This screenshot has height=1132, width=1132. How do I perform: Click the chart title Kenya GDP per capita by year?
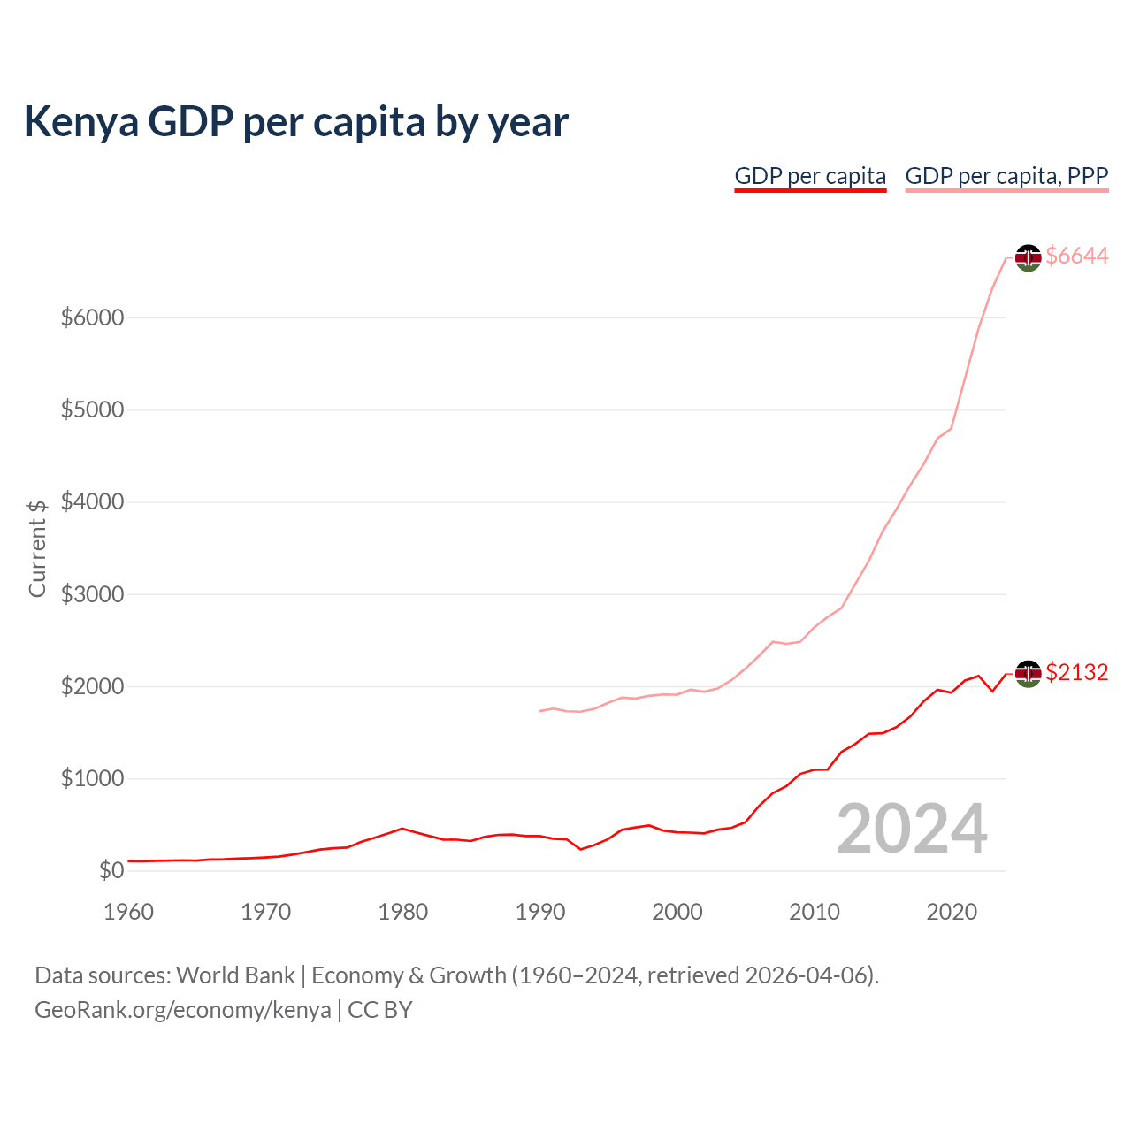pos(295,122)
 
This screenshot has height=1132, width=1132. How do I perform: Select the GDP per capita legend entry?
pos(810,176)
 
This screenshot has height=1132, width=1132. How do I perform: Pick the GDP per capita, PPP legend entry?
pos(1006,176)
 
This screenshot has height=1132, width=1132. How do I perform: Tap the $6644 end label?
pos(1076,256)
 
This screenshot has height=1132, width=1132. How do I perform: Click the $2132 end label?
pos(1076,673)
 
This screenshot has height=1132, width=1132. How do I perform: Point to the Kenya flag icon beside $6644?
pos(1028,257)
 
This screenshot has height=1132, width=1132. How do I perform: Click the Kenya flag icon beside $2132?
pos(1028,674)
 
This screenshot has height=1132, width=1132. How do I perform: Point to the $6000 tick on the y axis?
pos(92,317)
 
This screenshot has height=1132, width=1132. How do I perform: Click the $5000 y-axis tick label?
pos(92,410)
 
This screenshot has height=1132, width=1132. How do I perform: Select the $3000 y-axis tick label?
pos(92,594)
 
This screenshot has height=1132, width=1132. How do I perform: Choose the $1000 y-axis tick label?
pos(92,779)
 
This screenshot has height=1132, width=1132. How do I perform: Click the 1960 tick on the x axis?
pos(129,912)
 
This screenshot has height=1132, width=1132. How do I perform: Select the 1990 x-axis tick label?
pos(540,912)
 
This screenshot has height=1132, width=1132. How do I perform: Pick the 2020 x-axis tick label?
pos(952,912)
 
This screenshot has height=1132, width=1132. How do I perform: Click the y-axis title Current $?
pos(37,548)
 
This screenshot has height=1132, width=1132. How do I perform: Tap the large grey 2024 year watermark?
pos(912,830)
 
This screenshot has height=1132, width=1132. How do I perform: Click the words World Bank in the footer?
pos(235,975)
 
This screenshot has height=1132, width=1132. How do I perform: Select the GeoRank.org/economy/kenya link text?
pos(183,1010)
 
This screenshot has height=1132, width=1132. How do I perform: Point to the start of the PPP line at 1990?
pos(540,711)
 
